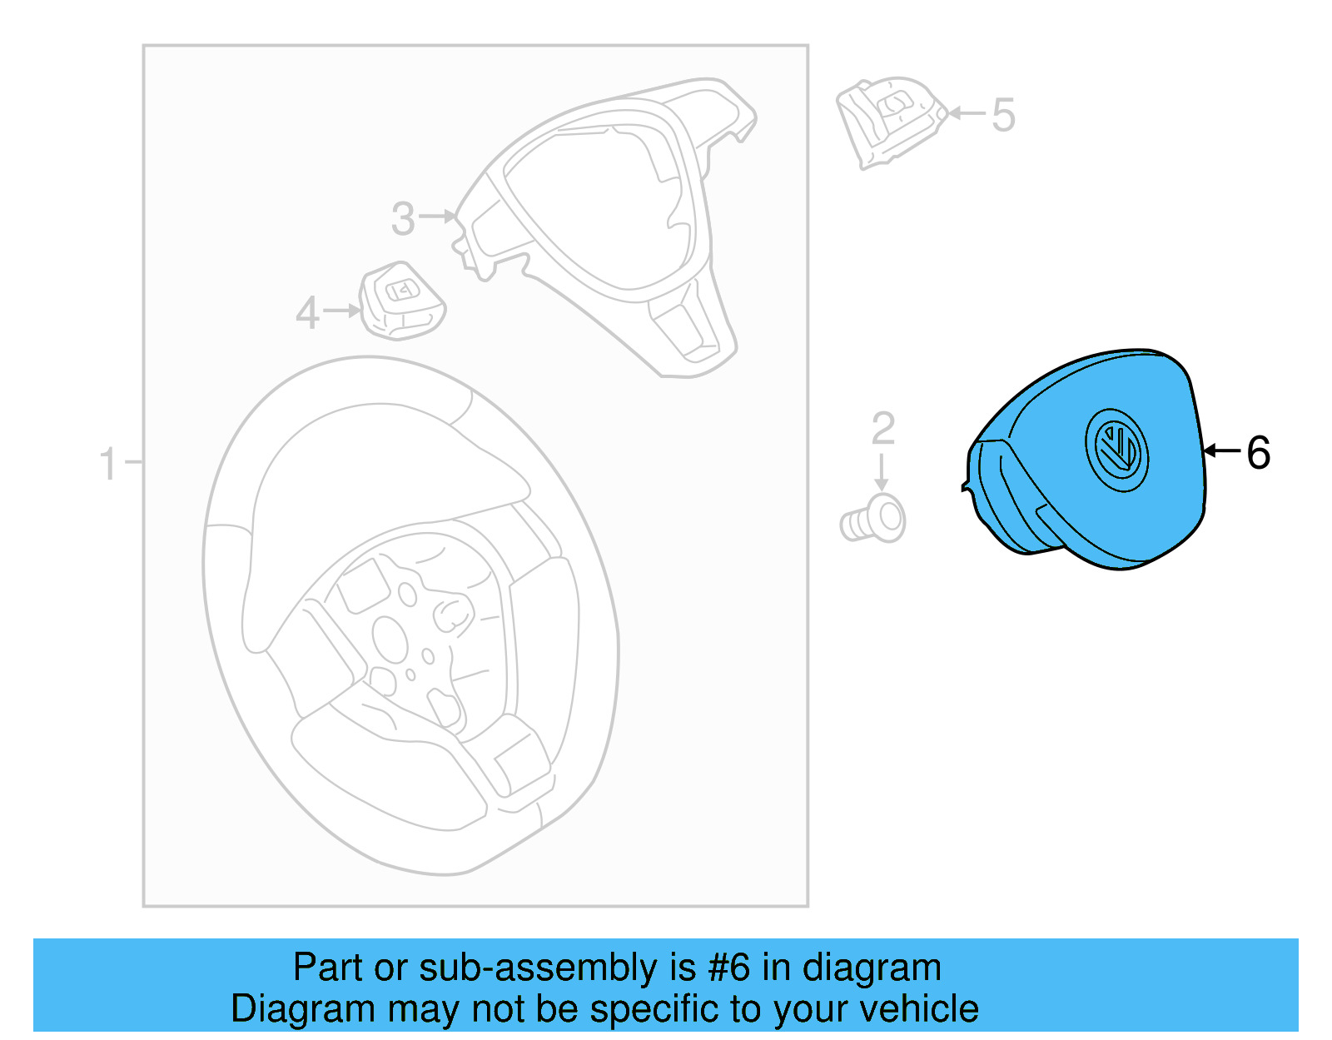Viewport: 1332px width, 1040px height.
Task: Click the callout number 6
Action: (x=1258, y=453)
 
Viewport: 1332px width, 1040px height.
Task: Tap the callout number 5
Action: (x=1003, y=115)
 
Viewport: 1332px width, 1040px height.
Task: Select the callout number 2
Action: (x=882, y=429)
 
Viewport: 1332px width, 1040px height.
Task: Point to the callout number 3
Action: (x=403, y=219)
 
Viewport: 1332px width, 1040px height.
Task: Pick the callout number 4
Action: (x=308, y=313)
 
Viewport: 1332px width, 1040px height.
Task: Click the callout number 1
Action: (x=108, y=463)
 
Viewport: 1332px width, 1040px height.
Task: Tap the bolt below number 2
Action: (x=874, y=520)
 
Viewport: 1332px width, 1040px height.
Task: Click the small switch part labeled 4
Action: (x=401, y=302)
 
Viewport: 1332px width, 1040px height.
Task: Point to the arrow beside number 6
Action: (x=1222, y=451)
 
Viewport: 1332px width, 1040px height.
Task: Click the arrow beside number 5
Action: (x=966, y=112)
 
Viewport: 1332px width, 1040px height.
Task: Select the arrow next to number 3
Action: (x=438, y=216)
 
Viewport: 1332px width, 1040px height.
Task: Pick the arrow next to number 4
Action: (x=342, y=311)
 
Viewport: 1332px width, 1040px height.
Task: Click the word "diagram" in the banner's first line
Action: (x=872, y=968)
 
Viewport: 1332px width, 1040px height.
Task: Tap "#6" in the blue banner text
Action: (x=729, y=968)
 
